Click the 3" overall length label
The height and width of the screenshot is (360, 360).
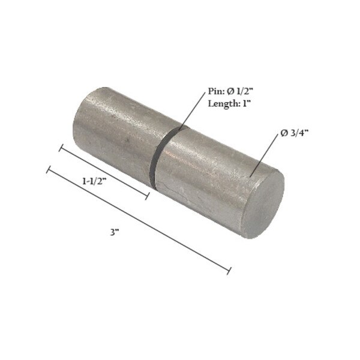coord(115,232)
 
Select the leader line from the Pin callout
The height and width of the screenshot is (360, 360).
coord(193,112)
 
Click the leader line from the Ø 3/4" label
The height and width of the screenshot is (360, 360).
coord(267,155)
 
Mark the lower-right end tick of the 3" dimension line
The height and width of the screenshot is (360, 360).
coord(229,271)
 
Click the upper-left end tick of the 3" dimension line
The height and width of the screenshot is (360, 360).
coord(48,170)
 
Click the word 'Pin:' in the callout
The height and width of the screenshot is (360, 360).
coord(215,91)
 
